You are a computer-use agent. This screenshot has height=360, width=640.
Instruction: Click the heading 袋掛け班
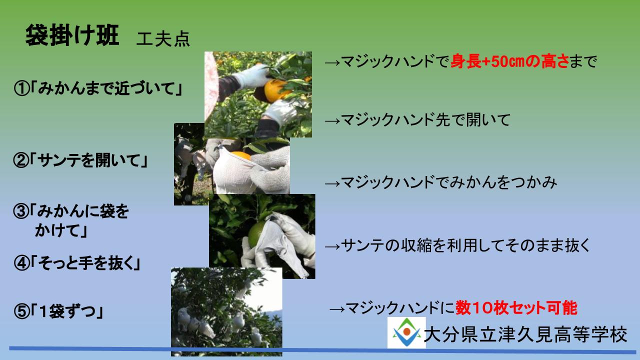tap(72, 35)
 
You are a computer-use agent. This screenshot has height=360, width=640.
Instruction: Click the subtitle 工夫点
tap(163, 39)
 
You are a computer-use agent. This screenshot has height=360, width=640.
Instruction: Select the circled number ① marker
tap(21, 88)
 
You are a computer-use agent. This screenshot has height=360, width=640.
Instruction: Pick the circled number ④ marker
tap(21, 263)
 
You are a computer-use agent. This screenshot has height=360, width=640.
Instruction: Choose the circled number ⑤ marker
tap(21, 311)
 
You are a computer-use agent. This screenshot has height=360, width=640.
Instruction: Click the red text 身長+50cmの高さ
tap(509, 61)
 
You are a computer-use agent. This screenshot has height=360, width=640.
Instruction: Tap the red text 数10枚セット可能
tap(516, 308)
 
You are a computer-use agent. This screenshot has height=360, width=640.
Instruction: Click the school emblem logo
tap(406, 332)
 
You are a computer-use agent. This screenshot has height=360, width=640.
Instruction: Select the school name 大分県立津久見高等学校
tap(525, 334)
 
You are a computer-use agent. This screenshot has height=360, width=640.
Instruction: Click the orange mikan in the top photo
tap(275, 90)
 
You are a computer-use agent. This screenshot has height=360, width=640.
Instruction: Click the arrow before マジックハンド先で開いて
tap(332, 121)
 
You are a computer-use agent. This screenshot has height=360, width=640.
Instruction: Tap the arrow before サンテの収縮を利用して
tap(332, 246)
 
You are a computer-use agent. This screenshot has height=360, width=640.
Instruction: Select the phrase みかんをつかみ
tap(503, 182)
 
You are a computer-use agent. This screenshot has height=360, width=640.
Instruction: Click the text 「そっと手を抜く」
tap(85, 263)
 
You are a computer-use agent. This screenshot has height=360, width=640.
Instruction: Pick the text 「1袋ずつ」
tap(67, 311)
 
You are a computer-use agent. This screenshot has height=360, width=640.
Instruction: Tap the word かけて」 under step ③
tap(61, 230)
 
